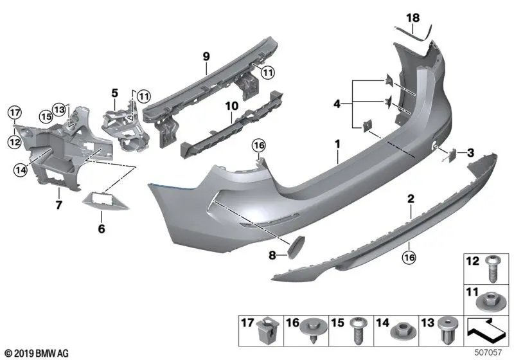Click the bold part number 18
(x=413, y=18)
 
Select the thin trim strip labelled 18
(x=414, y=35)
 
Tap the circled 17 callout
(x=14, y=113)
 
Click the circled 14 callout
(x=21, y=170)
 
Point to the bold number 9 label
(x=206, y=57)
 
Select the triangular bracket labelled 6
(x=105, y=201)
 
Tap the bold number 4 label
(x=337, y=104)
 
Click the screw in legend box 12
(x=492, y=271)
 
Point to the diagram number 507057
(x=488, y=353)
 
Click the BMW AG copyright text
(x=37, y=354)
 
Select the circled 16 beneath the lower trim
(x=409, y=257)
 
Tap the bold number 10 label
(x=231, y=106)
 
